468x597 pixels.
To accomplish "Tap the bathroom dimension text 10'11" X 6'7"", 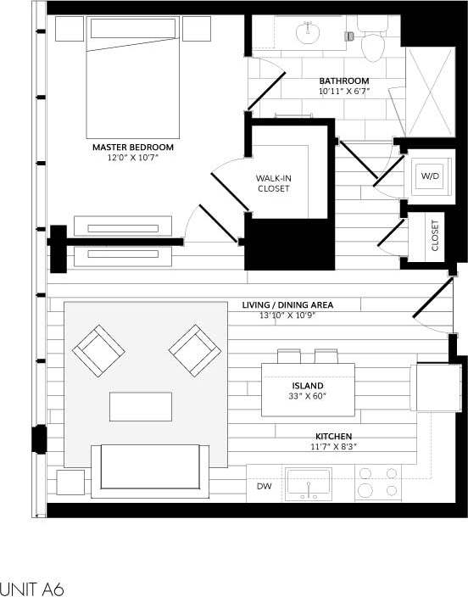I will tap(343, 91).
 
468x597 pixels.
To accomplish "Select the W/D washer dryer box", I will tap(429, 176).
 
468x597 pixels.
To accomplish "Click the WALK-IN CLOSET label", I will tap(274, 183).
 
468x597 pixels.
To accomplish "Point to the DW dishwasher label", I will tap(263, 487).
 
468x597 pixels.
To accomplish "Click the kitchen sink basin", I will tap(309, 484).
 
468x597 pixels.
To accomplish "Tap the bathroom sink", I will tap(306, 32).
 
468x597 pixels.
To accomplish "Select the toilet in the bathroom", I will tap(372, 42).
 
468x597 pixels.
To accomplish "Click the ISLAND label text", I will tap(308, 385).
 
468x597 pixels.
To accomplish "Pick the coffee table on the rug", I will tap(140, 406).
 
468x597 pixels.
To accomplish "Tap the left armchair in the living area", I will tap(98, 351).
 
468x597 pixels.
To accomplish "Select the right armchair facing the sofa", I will tap(194, 350).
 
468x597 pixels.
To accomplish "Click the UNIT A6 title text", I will tap(32, 588).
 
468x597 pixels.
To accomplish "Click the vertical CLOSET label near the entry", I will tap(434, 236).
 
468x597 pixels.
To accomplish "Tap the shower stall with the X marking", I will tap(430, 92).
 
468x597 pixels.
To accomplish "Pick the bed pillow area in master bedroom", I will tap(132, 28).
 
